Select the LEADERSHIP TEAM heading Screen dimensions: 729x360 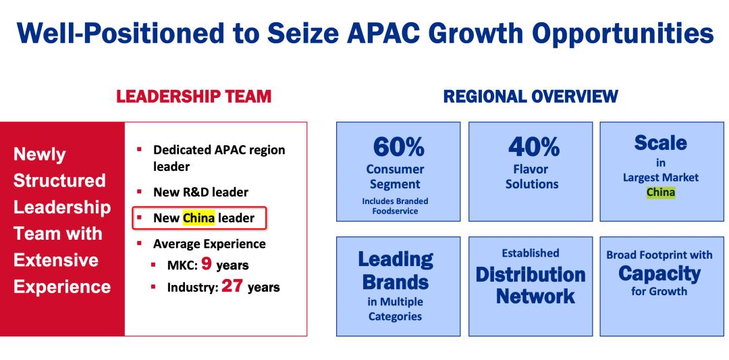point(194,97)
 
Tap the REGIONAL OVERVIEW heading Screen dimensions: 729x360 point(531,97)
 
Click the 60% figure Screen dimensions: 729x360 point(398,147)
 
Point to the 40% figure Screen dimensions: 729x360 point(534,147)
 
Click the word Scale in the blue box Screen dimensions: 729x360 point(660,143)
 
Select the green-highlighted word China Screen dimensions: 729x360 point(661,192)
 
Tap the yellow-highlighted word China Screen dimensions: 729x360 point(199,217)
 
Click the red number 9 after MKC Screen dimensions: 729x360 point(207,264)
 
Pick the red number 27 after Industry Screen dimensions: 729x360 point(232,286)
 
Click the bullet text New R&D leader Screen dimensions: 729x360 point(201,192)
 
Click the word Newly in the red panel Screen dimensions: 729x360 point(40,155)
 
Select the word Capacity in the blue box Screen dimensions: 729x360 point(659,274)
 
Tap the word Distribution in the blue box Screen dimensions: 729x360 point(531,274)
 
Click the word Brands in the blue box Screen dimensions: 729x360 point(396,282)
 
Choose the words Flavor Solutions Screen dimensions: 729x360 point(533,176)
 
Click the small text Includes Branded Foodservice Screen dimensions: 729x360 point(395,206)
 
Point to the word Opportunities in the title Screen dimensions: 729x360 point(622,34)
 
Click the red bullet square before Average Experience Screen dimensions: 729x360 point(139,242)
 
